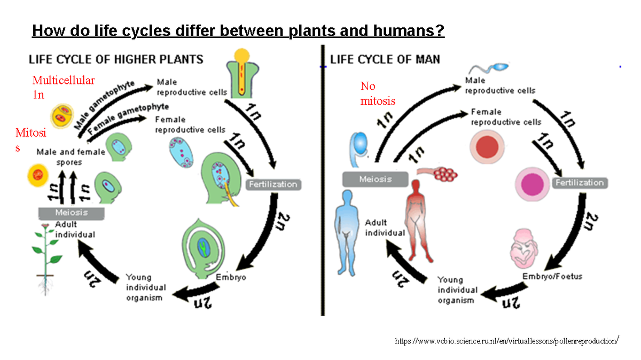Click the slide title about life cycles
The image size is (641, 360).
[x=238, y=30]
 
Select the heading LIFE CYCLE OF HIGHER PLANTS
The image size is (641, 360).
[x=115, y=59]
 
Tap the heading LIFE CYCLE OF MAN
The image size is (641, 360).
[x=385, y=59]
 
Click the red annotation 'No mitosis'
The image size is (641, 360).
[x=378, y=93]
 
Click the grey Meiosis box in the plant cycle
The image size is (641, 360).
[x=72, y=213]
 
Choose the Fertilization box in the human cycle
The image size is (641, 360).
[x=580, y=183]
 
